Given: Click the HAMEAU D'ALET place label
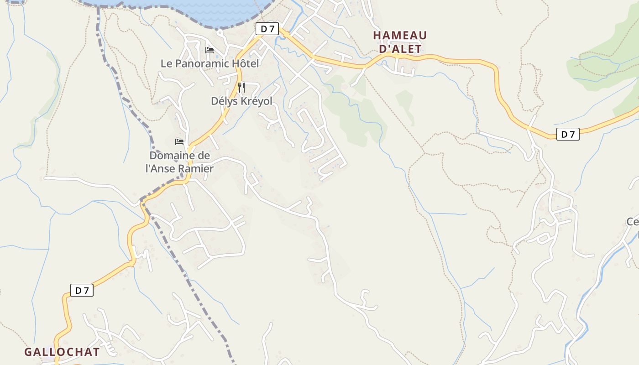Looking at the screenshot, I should (x=400, y=42).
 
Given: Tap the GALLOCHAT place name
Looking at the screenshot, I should (x=62, y=352).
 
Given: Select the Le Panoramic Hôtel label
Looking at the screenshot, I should (x=210, y=63).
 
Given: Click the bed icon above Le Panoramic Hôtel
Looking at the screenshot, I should (x=210, y=50).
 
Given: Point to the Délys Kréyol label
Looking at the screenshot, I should (x=241, y=101).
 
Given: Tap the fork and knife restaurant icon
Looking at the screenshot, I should (x=241, y=87).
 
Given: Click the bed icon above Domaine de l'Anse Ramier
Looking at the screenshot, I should (x=179, y=142).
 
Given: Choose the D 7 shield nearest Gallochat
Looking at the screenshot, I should (x=82, y=290).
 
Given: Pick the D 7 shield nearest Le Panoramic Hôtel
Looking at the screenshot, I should (x=267, y=29).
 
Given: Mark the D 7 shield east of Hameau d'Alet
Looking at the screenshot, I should (x=568, y=134).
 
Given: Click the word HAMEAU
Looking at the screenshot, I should (x=400, y=36).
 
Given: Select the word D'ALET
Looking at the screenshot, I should (x=400, y=49).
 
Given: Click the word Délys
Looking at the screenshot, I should (x=223, y=101).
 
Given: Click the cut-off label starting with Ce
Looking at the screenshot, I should (x=633, y=222).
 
